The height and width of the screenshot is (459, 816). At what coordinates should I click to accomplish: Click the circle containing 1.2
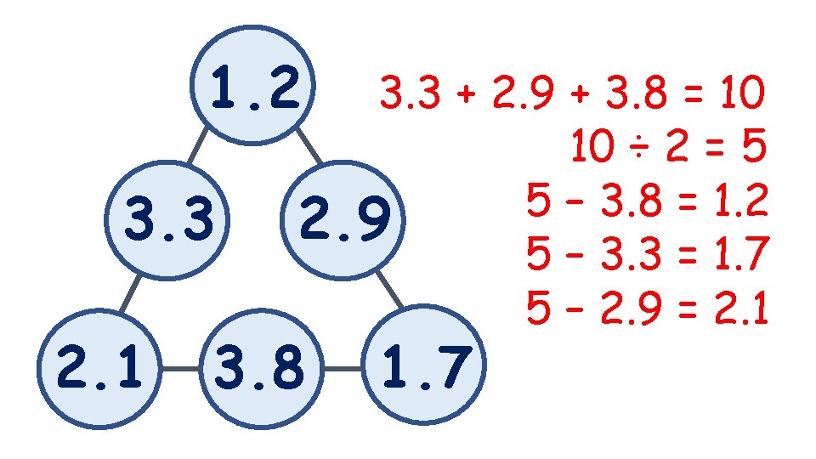[255, 86]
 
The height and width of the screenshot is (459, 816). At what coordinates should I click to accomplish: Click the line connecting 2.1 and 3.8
[178, 369]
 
